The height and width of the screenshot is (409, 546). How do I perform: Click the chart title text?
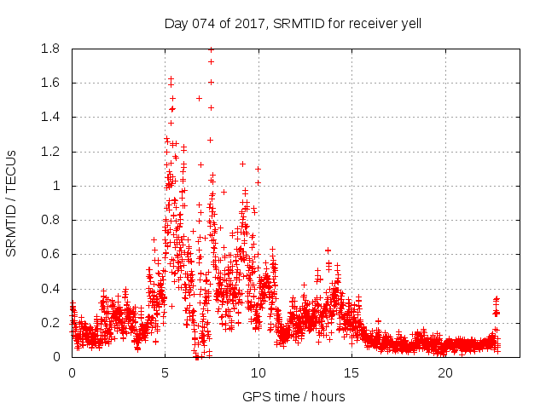293,23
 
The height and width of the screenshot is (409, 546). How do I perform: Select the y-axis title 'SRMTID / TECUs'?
11,203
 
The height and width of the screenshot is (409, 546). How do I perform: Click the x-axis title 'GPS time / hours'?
293,396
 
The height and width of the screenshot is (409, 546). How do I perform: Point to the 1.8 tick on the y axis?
50,49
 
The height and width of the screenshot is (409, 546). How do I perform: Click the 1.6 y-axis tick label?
50,84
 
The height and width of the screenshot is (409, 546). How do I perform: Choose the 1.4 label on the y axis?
50,118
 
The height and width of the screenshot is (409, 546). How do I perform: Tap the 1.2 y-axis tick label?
50,152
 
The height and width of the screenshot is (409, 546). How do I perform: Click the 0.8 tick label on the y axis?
50,220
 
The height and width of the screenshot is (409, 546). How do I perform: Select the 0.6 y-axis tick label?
50,255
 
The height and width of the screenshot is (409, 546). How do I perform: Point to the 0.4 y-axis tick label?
50,289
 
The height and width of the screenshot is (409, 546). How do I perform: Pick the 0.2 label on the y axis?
50,323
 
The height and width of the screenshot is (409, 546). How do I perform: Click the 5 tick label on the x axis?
166,372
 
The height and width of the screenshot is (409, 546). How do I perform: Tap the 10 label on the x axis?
258,372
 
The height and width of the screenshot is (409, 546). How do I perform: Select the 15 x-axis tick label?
352,372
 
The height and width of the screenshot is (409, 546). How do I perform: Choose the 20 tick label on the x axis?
445,372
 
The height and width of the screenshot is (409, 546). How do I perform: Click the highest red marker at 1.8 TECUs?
211,49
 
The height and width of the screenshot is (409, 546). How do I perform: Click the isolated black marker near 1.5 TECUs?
199,98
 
